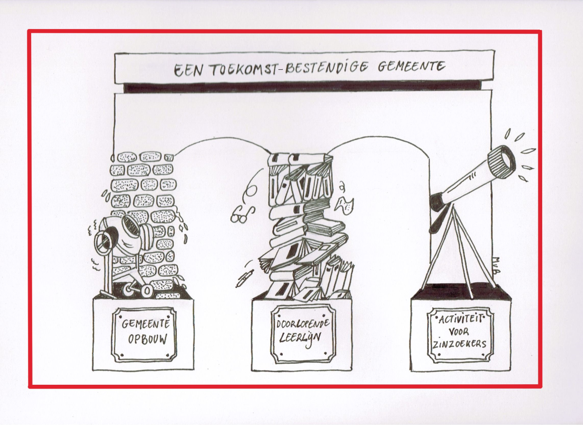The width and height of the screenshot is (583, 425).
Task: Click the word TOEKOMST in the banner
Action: coord(243,69)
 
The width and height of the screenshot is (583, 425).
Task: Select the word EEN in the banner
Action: coord(188,70)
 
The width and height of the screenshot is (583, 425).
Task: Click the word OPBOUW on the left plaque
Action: coord(148,339)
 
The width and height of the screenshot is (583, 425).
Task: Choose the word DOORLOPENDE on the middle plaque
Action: coord(303,324)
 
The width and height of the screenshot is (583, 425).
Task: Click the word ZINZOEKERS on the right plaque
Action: coord(460,344)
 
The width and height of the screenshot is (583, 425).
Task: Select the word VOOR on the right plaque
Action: coord(459,331)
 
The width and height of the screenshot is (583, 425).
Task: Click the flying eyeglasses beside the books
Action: coord(242,214)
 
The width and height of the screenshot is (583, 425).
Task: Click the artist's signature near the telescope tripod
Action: coord(497,265)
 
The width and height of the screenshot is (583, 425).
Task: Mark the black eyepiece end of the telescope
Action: coord(438,202)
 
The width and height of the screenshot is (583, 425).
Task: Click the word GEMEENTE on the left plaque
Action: coord(146,324)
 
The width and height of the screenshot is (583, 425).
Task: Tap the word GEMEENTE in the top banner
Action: coord(412,66)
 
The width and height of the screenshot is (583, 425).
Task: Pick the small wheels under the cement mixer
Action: coord(137,289)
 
